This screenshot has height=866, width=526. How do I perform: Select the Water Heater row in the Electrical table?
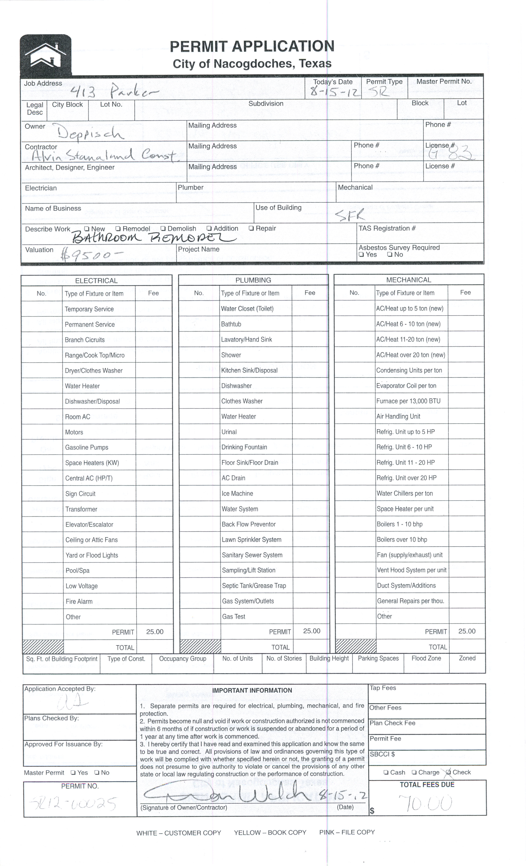pos(82,386)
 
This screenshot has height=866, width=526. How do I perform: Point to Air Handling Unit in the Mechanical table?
pos(398,417)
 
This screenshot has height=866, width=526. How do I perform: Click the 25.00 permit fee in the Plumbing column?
pos(311,631)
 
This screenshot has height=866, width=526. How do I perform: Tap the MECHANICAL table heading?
pos(409,280)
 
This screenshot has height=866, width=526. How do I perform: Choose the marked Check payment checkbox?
pos(448,772)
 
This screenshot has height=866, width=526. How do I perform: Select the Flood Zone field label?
pos(426,658)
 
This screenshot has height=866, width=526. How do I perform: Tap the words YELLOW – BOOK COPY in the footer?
pos(270,833)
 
